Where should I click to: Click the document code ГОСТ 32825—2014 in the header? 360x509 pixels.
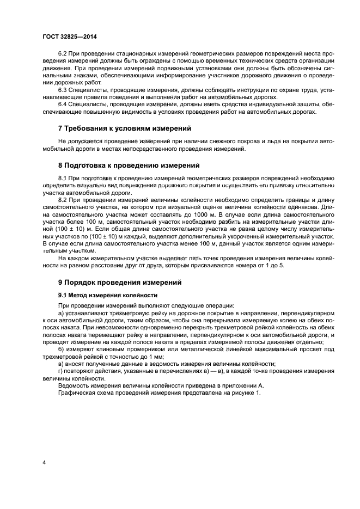click(66, 37)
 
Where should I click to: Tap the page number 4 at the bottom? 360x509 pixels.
click(44, 462)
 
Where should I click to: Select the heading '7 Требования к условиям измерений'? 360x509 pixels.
click(124, 128)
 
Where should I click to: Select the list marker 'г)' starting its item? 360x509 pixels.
click(60, 371)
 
